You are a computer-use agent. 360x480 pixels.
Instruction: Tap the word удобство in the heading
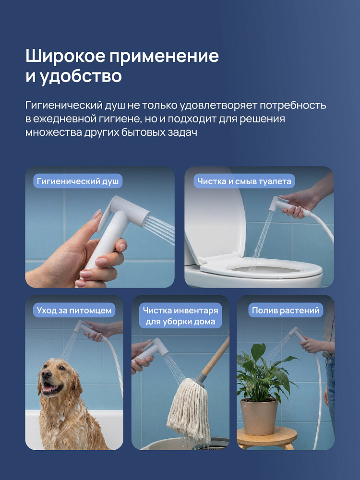tap(81, 76)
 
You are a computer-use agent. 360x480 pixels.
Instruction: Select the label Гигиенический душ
tap(78, 181)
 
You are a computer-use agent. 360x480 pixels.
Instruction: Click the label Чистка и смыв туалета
tap(244, 181)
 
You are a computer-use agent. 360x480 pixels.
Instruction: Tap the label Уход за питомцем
tap(74, 311)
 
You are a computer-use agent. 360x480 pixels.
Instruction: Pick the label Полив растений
tap(286, 311)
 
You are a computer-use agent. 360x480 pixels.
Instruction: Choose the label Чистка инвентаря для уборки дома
tap(180, 316)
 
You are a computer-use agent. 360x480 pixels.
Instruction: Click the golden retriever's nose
tap(47, 374)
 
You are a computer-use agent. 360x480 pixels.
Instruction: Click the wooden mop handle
tap(216, 358)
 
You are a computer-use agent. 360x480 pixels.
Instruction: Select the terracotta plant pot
tap(259, 416)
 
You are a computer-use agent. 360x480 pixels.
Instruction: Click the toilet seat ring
tap(261, 269)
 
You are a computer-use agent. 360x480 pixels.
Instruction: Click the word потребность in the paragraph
tap(293, 105)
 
